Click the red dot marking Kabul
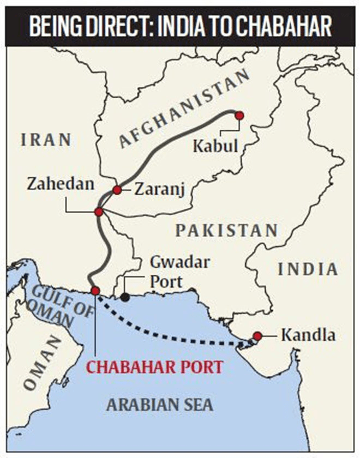[238, 115]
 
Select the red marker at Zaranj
[117, 190]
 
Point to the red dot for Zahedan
[99, 212]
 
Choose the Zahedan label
[61, 184]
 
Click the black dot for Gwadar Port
[126, 297]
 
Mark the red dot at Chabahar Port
[95, 291]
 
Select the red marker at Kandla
[257, 336]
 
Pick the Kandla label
[308, 335]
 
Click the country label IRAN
[46, 140]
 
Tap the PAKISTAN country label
[226, 231]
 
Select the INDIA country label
[308, 268]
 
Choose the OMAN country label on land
[43, 362]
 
